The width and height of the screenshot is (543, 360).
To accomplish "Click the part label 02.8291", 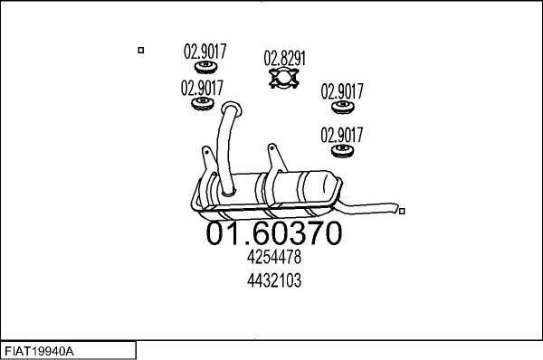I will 284,58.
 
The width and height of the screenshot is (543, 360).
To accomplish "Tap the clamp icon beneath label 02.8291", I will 284,81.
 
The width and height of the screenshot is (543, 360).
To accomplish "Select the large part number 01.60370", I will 274,233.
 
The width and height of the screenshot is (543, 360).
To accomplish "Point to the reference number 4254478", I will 273,258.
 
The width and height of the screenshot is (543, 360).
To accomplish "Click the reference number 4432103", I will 273,280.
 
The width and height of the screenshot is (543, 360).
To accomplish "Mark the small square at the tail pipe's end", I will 402,212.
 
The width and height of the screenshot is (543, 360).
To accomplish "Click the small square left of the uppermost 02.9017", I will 140,51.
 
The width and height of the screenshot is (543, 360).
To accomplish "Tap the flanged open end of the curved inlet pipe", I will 230,109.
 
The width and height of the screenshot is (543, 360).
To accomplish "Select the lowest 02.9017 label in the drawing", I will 343,135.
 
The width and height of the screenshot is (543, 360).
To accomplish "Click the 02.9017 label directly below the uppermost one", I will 202,89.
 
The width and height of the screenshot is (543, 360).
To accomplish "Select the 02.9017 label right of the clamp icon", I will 343,91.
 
